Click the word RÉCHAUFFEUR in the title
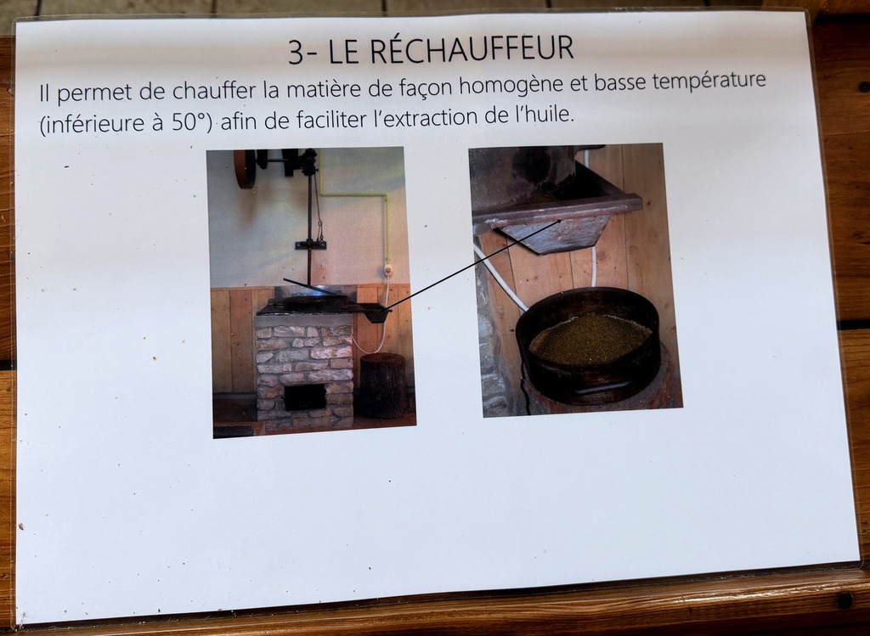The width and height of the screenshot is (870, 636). click(x=472, y=48)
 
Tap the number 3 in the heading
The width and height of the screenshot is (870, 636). click(x=296, y=53)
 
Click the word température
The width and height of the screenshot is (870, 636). click(x=709, y=82)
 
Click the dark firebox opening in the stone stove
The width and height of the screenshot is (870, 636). click(x=305, y=397)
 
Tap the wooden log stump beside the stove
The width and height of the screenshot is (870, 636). click(x=383, y=386)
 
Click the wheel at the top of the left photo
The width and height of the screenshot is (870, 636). click(x=246, y=168)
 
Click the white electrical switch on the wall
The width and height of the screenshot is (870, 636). click(x=387, y=270)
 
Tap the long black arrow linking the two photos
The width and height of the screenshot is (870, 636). click(x=472, y=265)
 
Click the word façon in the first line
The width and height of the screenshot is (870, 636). click(x=427, y=87)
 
